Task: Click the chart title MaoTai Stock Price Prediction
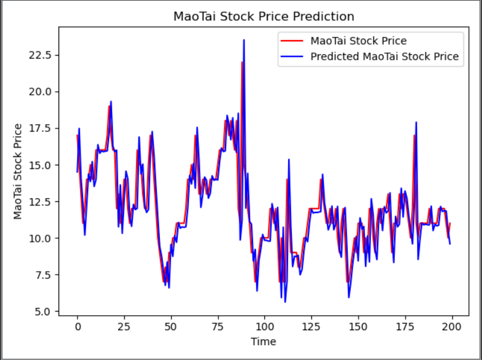click(x=264, y=16)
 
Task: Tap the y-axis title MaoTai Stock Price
click(x=18, y=171)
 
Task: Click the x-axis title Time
click(x=263, y=342)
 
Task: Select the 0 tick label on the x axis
click(x=78, y=327)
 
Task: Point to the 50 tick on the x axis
click(x=171, y=327)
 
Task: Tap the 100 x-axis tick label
click(x=264, y=327)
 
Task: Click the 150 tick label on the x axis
click(x=358, y=327)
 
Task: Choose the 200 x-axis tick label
click(x=452, y=327)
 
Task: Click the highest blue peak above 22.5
click(x=244, y=41)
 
